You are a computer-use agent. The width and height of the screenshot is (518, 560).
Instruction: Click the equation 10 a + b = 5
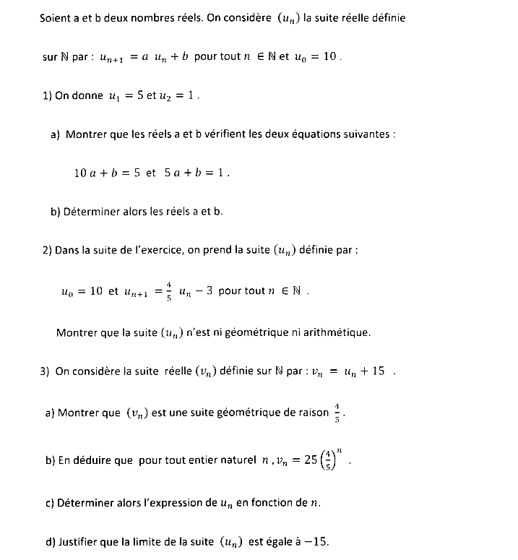point(107,173)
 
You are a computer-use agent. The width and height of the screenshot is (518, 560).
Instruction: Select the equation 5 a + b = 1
point(197,173)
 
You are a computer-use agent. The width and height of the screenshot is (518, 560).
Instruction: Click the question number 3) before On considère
point(45,372)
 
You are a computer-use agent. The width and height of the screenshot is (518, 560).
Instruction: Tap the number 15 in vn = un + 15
point(378,372)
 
